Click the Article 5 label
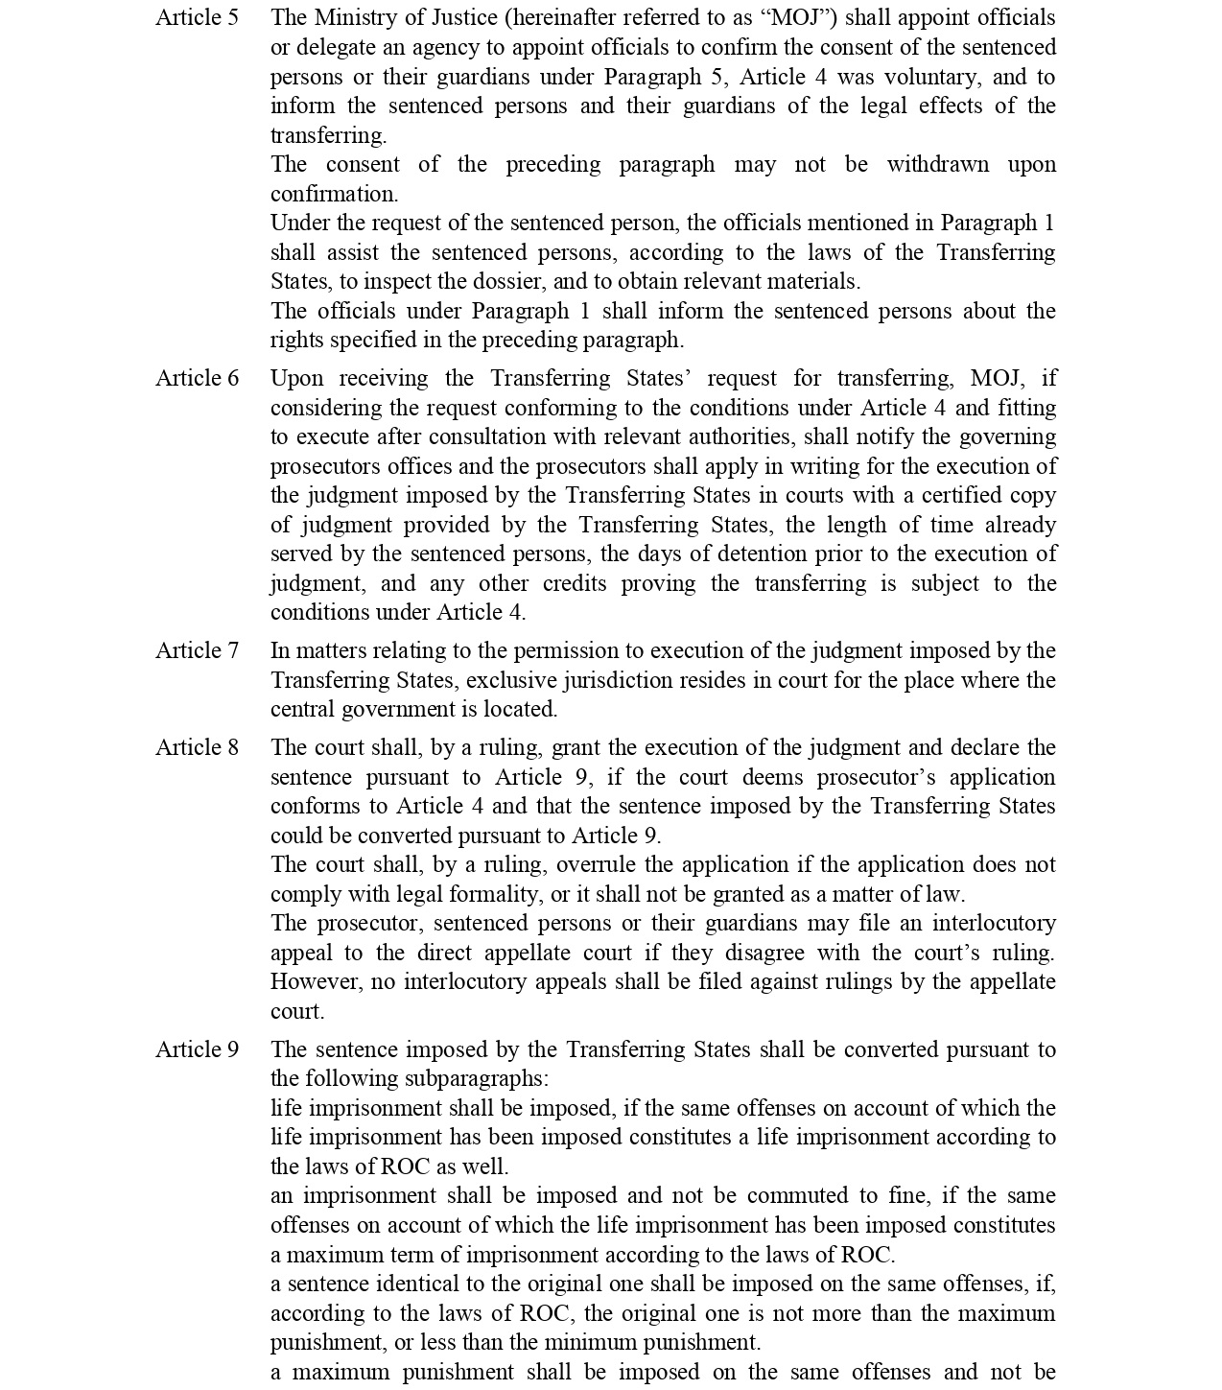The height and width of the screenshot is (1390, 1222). (x=197, y=18)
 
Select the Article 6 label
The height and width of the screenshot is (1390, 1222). (x=197, y=379)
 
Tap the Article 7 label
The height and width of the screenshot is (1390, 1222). (x=197, y=651)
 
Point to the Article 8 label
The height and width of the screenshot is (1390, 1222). (x=197, y=748)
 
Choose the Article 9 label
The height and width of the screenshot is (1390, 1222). (x=197, y=1050)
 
